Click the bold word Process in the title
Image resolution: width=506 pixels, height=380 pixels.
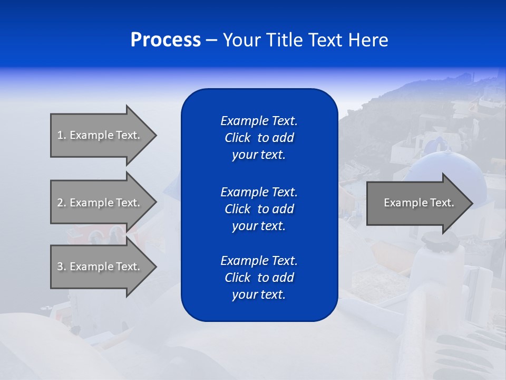click(x=166, y=40)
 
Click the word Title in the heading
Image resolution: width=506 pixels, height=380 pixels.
click(x=285, y=40)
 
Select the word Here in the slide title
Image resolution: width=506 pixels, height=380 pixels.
click(x=368, y=40)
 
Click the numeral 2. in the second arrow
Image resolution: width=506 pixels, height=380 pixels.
click(x=61, y=203)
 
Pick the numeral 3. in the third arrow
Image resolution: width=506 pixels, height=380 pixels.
click(x=61, y=267)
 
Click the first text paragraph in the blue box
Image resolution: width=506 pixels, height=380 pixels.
click(x=259, y=138)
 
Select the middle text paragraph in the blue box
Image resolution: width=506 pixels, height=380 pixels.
click(x=259, y=208)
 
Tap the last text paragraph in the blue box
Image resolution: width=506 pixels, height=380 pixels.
click(x=259, y=278)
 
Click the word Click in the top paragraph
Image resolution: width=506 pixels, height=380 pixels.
click(x=237, y=138)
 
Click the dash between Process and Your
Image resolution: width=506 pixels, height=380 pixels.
click(x=211, y=40)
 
